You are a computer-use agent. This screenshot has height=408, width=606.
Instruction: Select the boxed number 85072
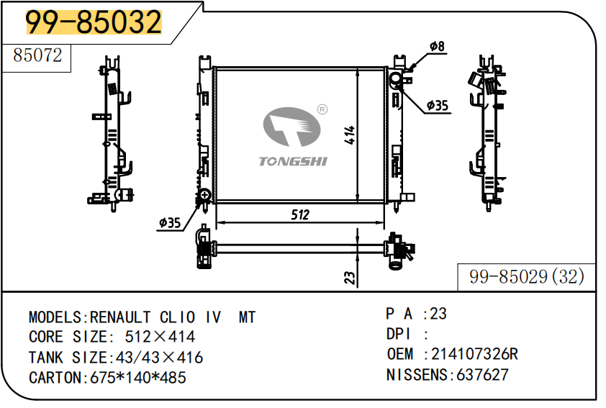coord(37,56)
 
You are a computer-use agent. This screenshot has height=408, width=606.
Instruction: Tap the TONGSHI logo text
coord(293,161)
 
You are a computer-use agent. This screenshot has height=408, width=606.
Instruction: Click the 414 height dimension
coord(349,135)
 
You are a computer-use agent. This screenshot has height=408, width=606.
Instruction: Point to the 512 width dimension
coord(300,214)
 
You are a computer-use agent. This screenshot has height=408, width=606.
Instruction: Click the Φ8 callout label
coord(437,47)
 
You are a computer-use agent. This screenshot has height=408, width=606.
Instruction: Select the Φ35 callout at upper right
coord(437,106)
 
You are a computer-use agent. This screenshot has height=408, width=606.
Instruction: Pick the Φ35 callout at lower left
coord(170,223)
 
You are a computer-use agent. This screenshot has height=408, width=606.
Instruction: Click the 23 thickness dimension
coord(350,276)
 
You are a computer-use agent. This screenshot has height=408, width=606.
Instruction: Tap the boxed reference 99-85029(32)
coord(526,276)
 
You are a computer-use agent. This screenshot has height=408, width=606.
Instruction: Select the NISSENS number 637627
coord(480,375)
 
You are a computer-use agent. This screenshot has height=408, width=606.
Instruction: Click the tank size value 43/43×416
coord(155,358)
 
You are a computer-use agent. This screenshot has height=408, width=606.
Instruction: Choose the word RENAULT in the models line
coord(120,317)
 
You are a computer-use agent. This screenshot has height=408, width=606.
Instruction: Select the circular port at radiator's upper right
coord(395,78)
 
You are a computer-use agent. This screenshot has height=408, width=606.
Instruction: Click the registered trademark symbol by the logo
coord(322,109)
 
